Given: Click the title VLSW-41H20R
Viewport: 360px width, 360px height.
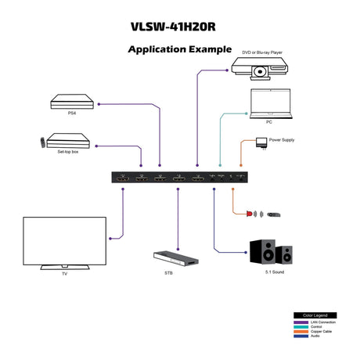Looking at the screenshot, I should click(179, 25).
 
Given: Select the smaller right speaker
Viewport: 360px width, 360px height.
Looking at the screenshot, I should click(286, 255).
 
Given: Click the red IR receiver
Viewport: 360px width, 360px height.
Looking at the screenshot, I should click(250, 213).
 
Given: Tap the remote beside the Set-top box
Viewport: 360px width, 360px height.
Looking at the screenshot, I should click(40, 142).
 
